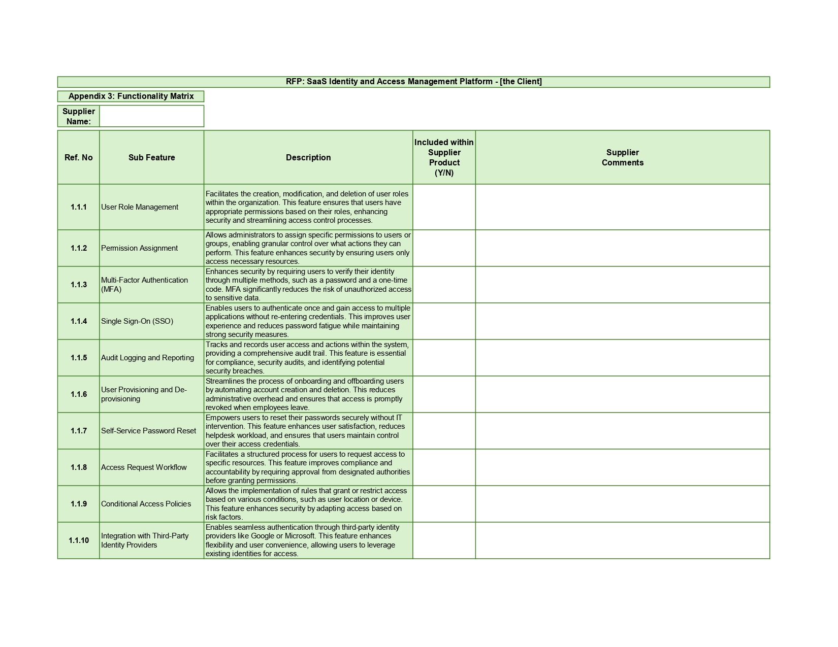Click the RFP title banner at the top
(413, 82)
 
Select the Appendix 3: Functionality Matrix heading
(131, 96)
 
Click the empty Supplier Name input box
(151, 116)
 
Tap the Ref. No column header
(79, 157)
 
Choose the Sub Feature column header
(151, 157)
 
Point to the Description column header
(308, 157)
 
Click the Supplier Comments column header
(622, 157)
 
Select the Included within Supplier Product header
(444, 157)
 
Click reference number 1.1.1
(79, 207)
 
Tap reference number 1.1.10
(79, 540)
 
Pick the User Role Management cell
(140, 207)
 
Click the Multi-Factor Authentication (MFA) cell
(145, 285)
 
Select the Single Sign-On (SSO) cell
(137, 321)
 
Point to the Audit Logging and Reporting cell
(147, 358)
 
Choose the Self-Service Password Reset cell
(148, 431)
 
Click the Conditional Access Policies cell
(146, 504)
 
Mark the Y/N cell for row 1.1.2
(444, 248)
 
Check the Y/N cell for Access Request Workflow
(444, 467)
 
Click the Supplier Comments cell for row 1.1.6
(622, 394)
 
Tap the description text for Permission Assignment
(308, 248)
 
